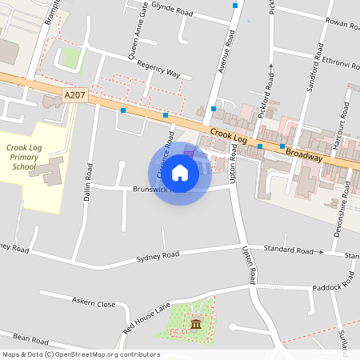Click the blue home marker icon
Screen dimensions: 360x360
180,173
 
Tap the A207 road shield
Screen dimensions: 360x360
74,95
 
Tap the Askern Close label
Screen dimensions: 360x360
94,304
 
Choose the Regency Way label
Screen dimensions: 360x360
158,70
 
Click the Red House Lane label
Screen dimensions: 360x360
147,318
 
